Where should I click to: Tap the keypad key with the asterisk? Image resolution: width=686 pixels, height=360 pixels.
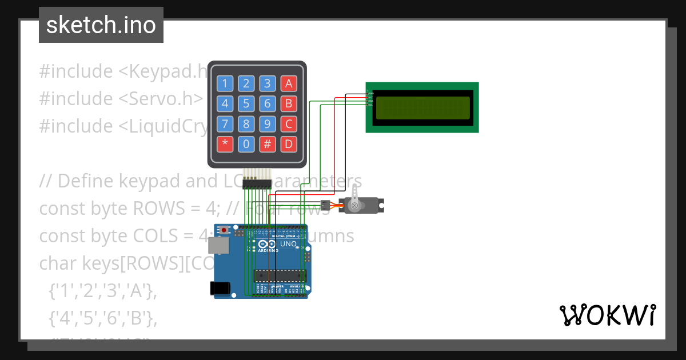(225, 143)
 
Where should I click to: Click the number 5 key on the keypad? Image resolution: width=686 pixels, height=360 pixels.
(246, 104)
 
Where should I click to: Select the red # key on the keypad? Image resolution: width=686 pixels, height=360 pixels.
(267, 143)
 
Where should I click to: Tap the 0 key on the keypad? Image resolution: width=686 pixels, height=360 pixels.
(246, 143)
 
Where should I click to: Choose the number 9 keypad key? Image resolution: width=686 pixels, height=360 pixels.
(267, 123)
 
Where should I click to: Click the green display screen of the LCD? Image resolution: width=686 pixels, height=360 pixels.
(422, 107)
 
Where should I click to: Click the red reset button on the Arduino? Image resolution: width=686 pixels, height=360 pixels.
(225, 230)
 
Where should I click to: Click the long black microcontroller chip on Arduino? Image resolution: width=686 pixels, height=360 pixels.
(280, 275)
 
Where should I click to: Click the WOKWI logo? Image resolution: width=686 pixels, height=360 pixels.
(607, 315)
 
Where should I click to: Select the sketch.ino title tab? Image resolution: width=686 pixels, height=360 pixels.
(101, 25)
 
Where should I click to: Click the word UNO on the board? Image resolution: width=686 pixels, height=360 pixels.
(288, 244)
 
